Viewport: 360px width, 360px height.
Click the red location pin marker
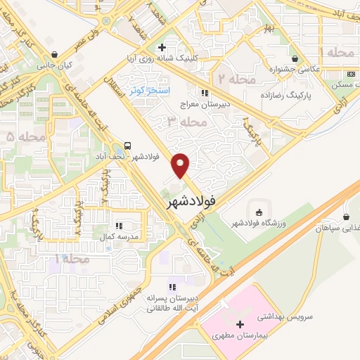pyautogui.click(x=181, y=165)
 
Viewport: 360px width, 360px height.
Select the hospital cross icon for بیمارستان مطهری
pyautogui.click(x=241, y=325)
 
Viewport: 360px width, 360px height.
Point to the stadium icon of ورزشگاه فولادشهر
pyautogui.click(x=258, y=212)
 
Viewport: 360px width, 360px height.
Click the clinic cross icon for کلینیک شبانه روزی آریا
pyautogui.click(x=162, y=48)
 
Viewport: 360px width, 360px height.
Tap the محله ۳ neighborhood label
pyautogui.click(x=184, y=122)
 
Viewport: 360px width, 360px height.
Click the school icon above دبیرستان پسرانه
pyautogui.click(x=172, y=287)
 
